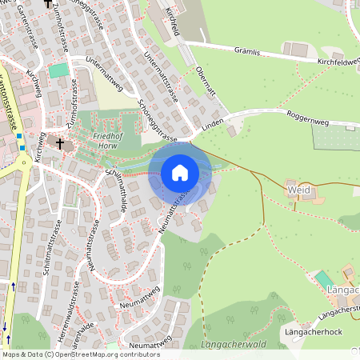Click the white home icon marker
180,173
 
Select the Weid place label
298,190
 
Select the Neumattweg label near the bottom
150,343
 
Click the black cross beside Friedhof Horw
59,142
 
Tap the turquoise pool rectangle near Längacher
322,279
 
